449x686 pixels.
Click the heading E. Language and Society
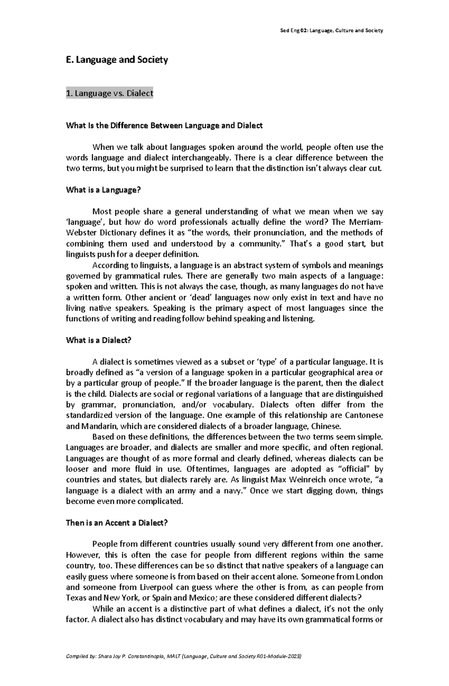tap(117, 60)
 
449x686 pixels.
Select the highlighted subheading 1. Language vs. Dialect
tap(109, 93)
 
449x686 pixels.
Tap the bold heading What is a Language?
tap(103, 190)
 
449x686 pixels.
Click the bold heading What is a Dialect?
tap(99, 341)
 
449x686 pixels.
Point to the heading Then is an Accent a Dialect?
tap(117, 523)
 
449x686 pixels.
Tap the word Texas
tap(76, 598)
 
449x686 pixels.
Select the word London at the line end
tap(369, 576)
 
